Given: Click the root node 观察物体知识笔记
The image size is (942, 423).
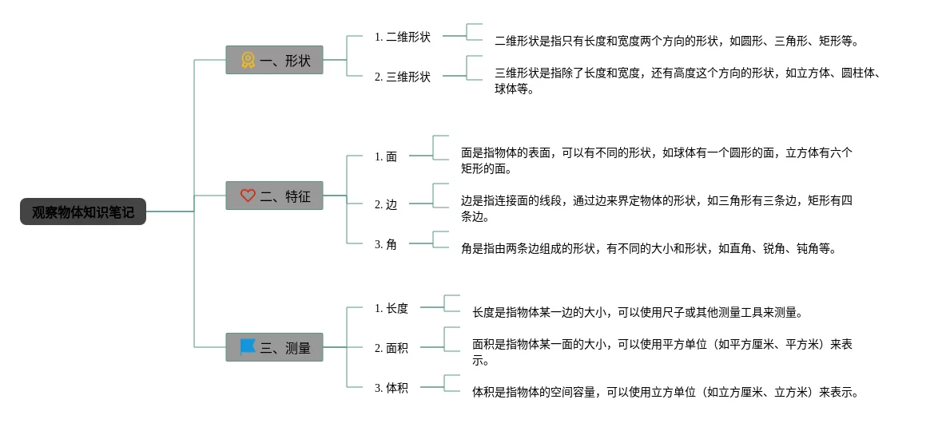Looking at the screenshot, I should pos(83,212).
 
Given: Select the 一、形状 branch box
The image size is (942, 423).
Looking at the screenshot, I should pos(274,60).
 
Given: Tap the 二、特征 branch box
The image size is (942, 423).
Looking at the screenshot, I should pos(274,196).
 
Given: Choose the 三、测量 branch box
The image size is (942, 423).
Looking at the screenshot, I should pos(274,347).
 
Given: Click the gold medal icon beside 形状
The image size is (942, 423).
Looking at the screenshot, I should pos(248,60).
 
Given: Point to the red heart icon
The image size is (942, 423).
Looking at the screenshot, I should pos(248,196).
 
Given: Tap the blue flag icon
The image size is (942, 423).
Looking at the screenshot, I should pos(248,347).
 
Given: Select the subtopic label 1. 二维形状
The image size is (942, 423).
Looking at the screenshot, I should pos(402,37).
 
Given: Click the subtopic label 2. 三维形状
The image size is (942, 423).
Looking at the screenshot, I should pos(402,77).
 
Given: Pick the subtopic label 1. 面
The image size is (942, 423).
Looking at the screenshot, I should pos(386,156).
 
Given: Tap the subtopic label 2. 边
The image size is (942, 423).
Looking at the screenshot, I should pos(386,204).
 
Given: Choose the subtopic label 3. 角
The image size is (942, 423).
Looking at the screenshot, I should pos(386,244).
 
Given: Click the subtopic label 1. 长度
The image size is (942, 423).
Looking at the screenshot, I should pos(392,308).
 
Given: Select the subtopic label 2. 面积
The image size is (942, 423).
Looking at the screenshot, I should pos(392,348).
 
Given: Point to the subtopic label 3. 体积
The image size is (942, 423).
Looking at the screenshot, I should pos(392,388).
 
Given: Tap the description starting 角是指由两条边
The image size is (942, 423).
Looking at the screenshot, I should pos(648,248).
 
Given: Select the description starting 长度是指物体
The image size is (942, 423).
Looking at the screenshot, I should pos(637,312).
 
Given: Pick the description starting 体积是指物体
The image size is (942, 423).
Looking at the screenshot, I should pos(665,392).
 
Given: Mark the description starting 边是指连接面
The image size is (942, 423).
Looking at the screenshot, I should pos(656,208).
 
